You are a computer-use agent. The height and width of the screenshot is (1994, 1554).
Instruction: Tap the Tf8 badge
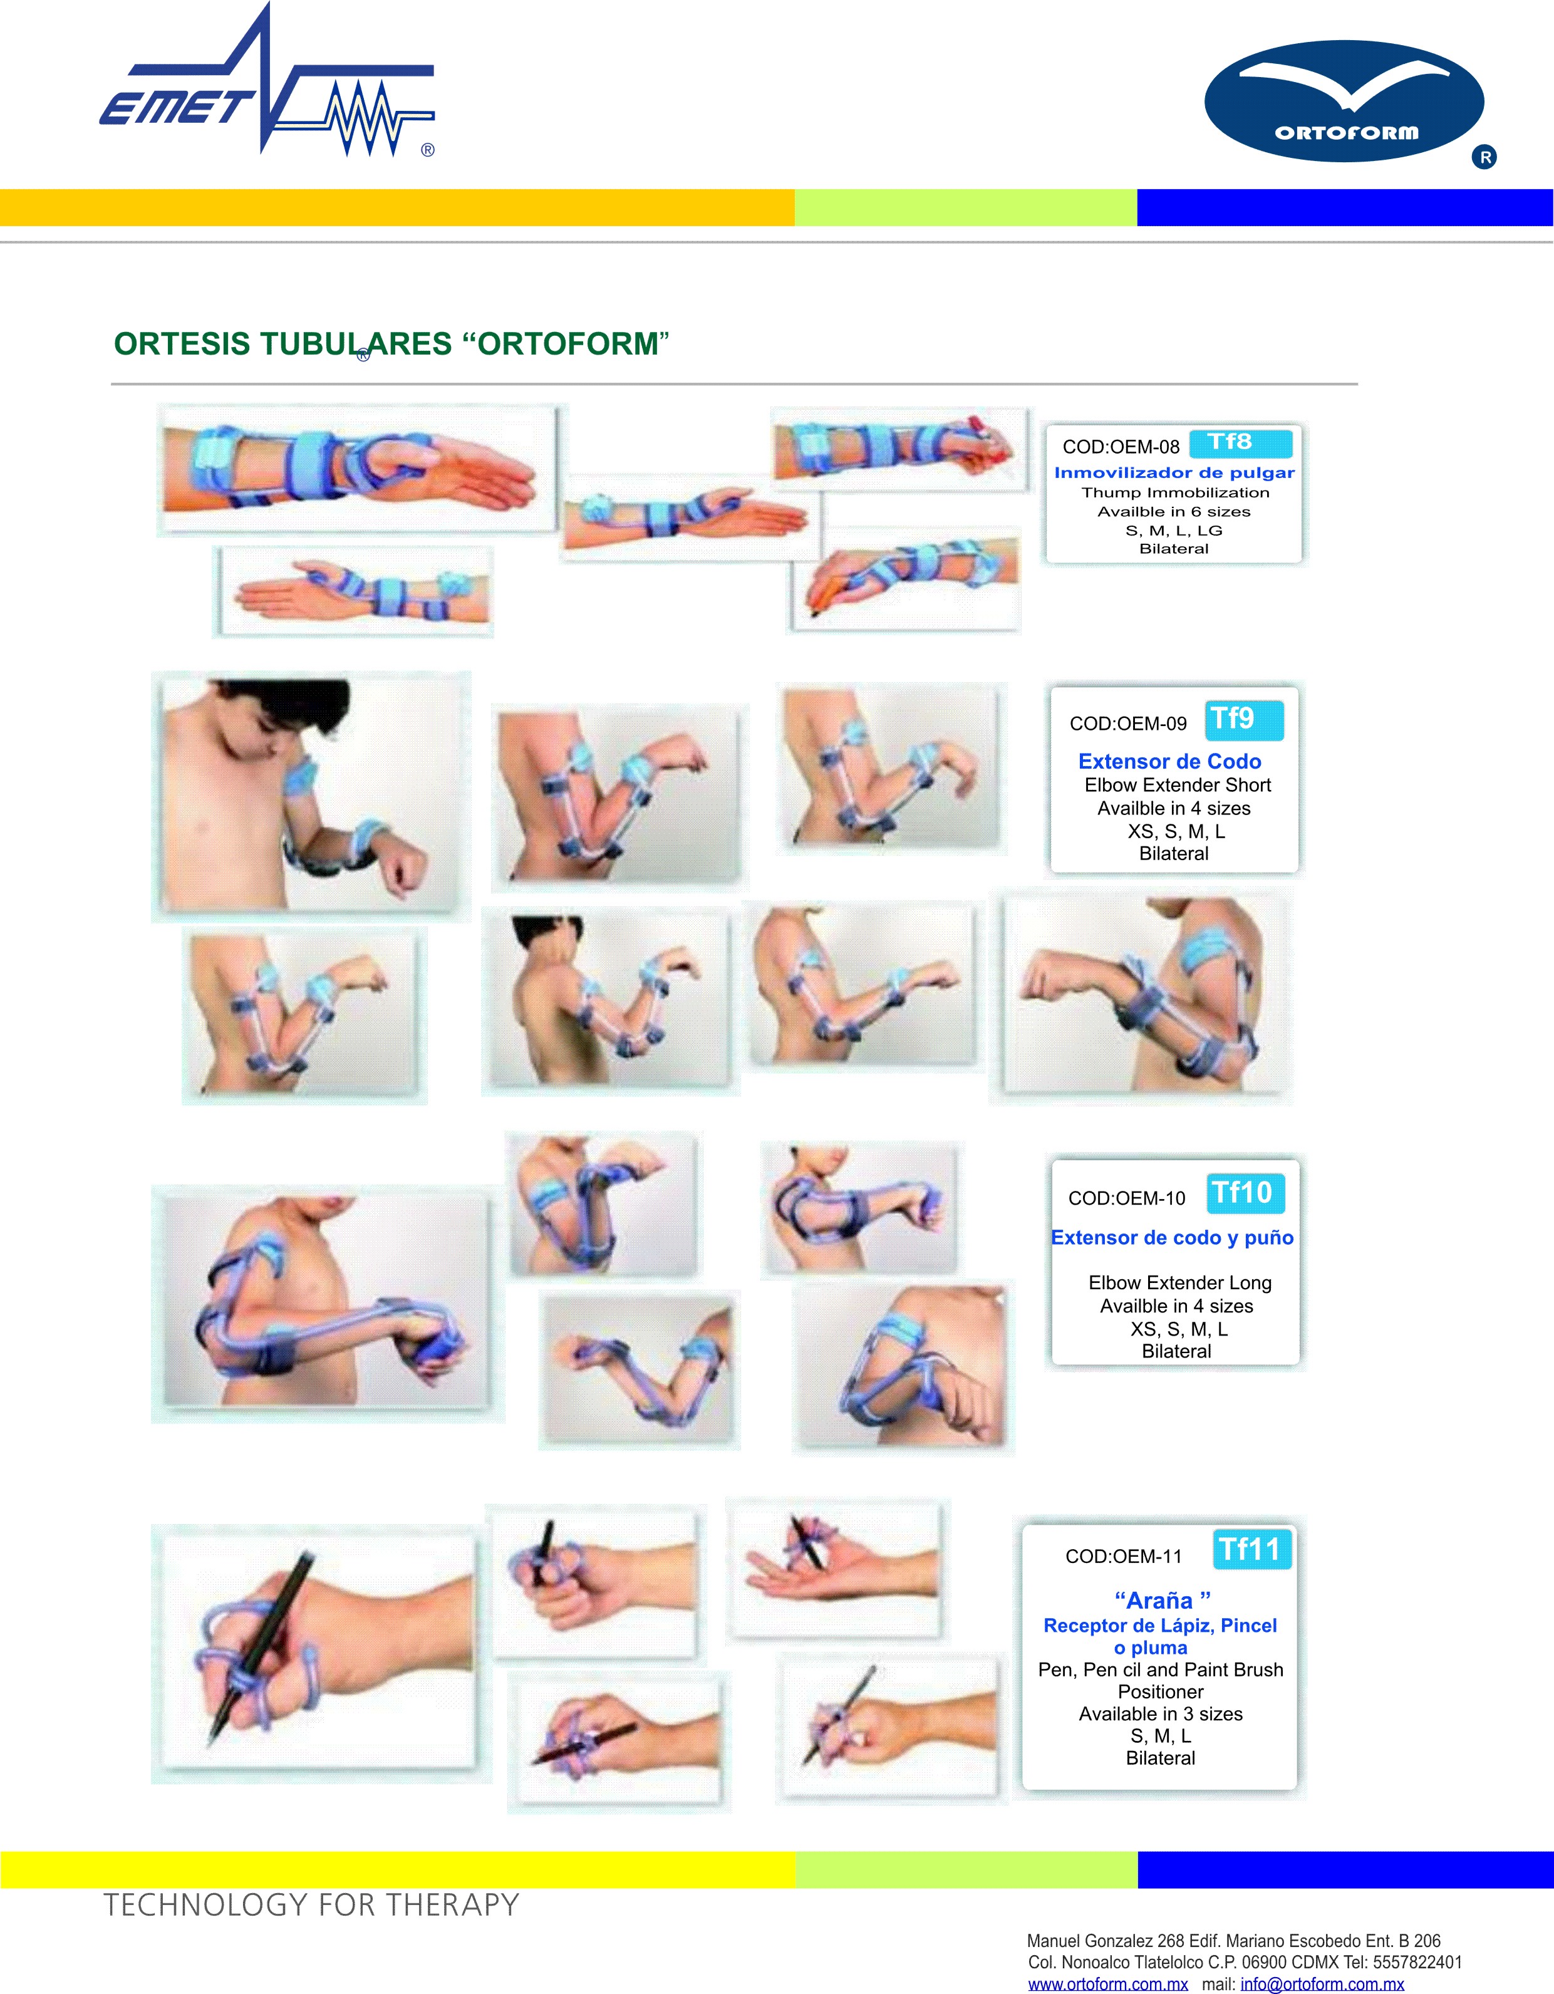tap(1241, 443)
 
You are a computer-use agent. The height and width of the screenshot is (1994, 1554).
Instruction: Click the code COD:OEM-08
tap(1121, 447)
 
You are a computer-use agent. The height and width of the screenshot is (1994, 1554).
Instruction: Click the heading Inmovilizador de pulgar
tap(1174, 473)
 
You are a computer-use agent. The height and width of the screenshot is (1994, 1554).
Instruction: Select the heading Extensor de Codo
tap(1169, 761)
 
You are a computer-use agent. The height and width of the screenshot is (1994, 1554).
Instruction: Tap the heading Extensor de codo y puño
tap(1173, 1238)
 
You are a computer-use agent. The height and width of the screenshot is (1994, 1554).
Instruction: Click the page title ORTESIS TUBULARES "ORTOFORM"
tap(391, 344)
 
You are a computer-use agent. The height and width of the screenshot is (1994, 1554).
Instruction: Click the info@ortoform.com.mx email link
tap(1322, 1984)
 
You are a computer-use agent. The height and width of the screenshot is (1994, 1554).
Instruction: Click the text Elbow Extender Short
tap(1178, 785)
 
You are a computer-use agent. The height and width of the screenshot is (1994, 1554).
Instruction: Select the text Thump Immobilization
tap(1175, 493)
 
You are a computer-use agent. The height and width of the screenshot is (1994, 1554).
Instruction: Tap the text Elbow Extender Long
tap(1179, 1283)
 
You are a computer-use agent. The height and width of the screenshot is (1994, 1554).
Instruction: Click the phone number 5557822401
tap(1417, 1962)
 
